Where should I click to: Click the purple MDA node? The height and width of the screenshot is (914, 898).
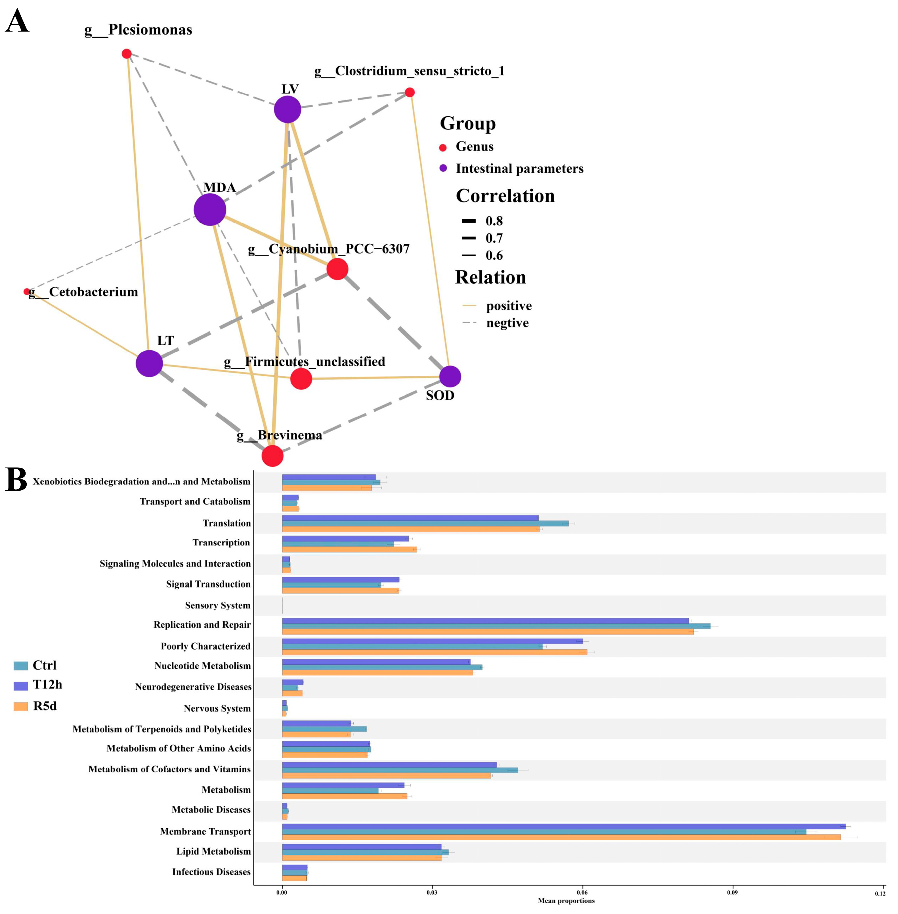click(x=210, y=209)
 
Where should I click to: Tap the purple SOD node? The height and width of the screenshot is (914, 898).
click(x=450, y=376)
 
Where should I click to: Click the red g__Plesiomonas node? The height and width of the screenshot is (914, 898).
click(x=126, y=54)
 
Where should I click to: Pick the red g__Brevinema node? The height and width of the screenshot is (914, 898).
click(x=272, y=456)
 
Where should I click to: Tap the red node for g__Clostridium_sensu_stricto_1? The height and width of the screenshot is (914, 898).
click(x=410, y=93)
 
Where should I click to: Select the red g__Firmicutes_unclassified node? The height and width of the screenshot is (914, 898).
click(x=301, y=378)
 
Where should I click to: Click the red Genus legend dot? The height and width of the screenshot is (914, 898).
click(x=443, y=148)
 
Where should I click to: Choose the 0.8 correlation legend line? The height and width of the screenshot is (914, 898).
click(x=469, y=221)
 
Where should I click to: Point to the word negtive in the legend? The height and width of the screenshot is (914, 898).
click(x=507, y=323)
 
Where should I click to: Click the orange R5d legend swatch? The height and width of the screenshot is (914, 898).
click(x=21, y=706)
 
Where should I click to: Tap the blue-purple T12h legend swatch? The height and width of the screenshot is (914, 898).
click(x=21, y=685)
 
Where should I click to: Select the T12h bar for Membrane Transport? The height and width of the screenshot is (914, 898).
click(x=564, y=826)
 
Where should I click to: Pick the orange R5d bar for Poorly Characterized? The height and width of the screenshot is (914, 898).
click(x=434, y=652)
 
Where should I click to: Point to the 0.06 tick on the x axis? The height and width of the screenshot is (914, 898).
click(x=582, y=893)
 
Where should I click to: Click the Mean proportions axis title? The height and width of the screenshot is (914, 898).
click(x=566, y=901)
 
